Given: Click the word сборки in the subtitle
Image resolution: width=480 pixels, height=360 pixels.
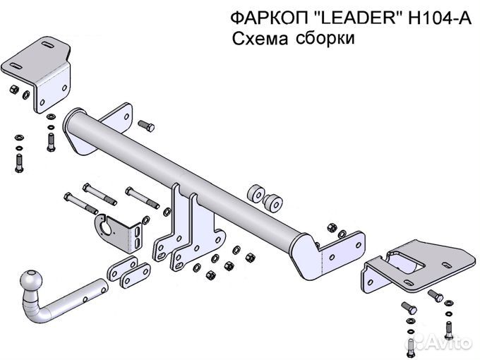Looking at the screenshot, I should (x=325, y=39).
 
